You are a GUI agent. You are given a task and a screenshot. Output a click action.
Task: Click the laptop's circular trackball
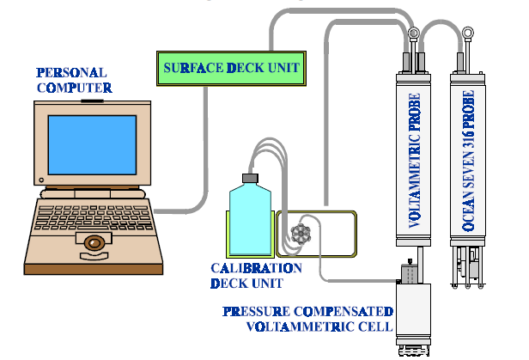pyautogui.click(x=92, y=243)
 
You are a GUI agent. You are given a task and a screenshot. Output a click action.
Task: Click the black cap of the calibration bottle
pyautogui.click(x=250, y=179)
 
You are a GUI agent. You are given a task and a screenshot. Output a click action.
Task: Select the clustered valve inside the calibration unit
pyautogui.click(x=300, y=232)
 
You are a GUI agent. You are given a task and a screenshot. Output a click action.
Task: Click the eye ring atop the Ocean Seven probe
pyautogui.click(x=468, y=35)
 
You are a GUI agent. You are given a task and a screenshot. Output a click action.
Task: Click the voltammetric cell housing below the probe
pyautogui.click(x=417, y=309)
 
